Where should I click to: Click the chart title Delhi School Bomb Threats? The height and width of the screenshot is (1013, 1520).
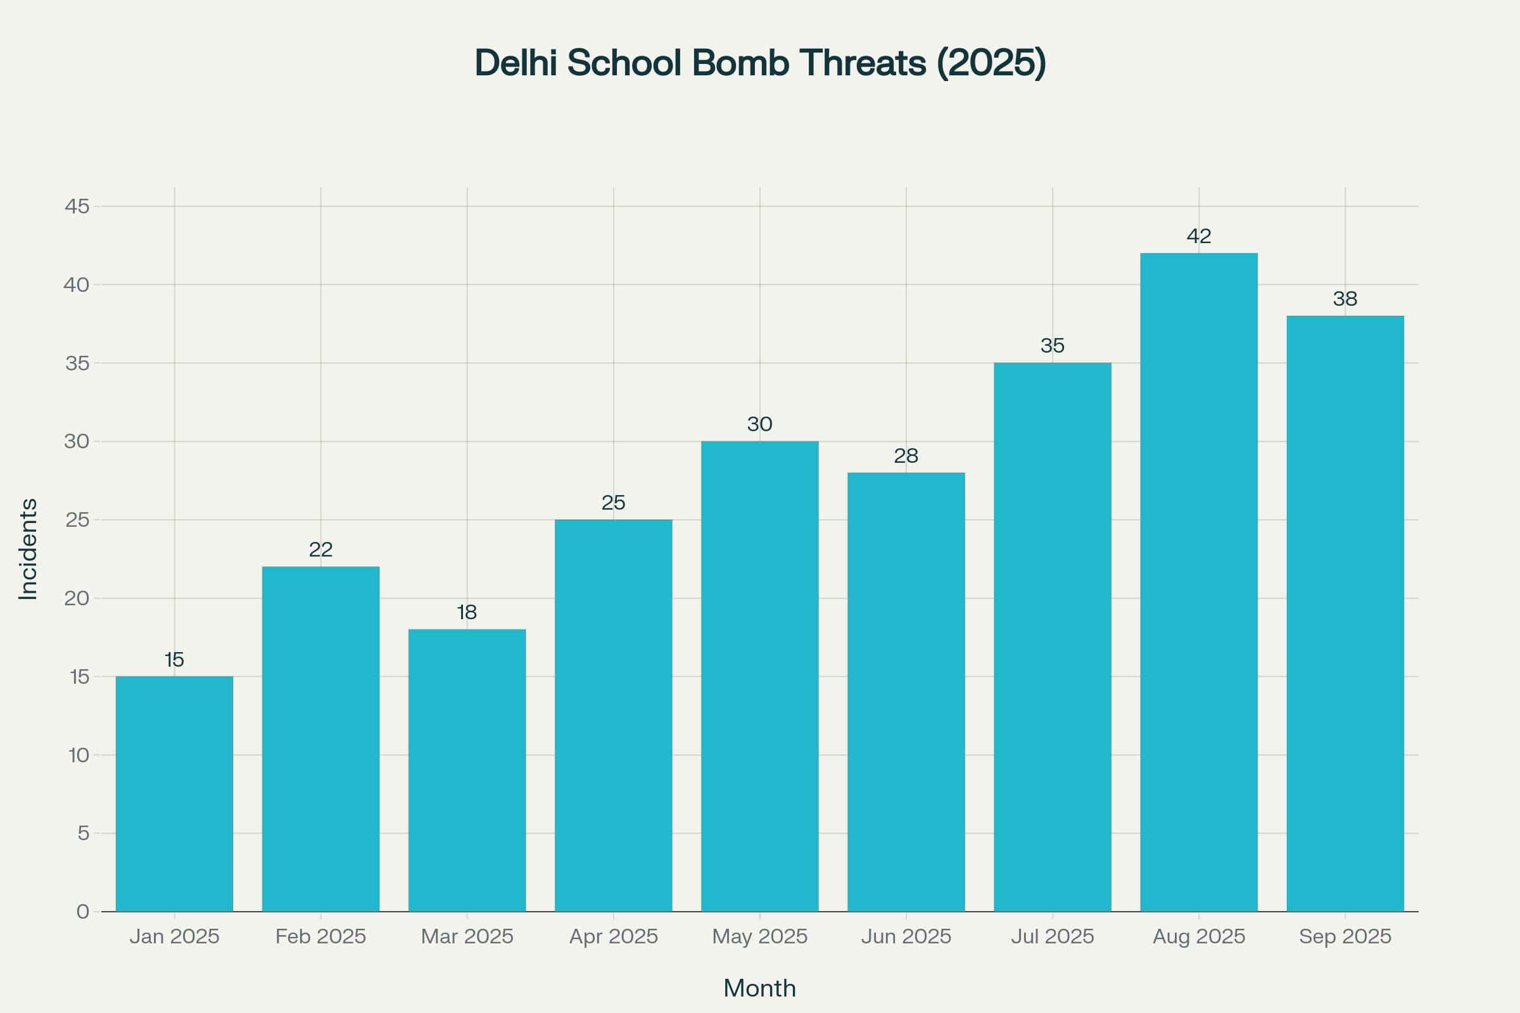pos(760,63)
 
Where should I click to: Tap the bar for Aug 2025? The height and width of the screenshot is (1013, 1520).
pos(1199,581)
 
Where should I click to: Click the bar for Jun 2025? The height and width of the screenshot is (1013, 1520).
pos(906,691)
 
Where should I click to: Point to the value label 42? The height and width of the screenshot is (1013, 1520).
pos(1199,236)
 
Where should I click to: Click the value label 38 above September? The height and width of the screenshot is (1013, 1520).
pos(1345,299)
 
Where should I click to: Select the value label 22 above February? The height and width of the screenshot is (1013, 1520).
pos(320,550)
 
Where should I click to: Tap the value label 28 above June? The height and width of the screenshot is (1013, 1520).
pos(906,456)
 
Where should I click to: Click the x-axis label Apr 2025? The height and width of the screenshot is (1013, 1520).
pos(613,937)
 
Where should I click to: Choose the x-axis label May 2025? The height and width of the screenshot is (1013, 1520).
pos(759,937)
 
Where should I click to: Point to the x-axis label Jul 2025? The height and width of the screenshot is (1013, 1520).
pos(1052,937)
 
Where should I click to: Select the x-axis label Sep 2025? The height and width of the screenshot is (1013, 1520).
pos(1345,937)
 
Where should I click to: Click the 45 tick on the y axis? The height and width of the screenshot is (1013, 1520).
pos(77,207)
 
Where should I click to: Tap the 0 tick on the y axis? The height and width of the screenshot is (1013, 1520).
pos(83,912)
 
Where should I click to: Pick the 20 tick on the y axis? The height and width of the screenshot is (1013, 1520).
pos(77,598)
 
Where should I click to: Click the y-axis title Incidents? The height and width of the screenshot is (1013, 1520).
pos(28,549)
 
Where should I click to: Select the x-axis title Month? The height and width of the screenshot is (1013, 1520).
pos(759,988)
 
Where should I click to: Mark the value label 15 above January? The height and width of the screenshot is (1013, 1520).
pos(175,660)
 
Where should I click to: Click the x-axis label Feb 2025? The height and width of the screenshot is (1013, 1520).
pos(320,937)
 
